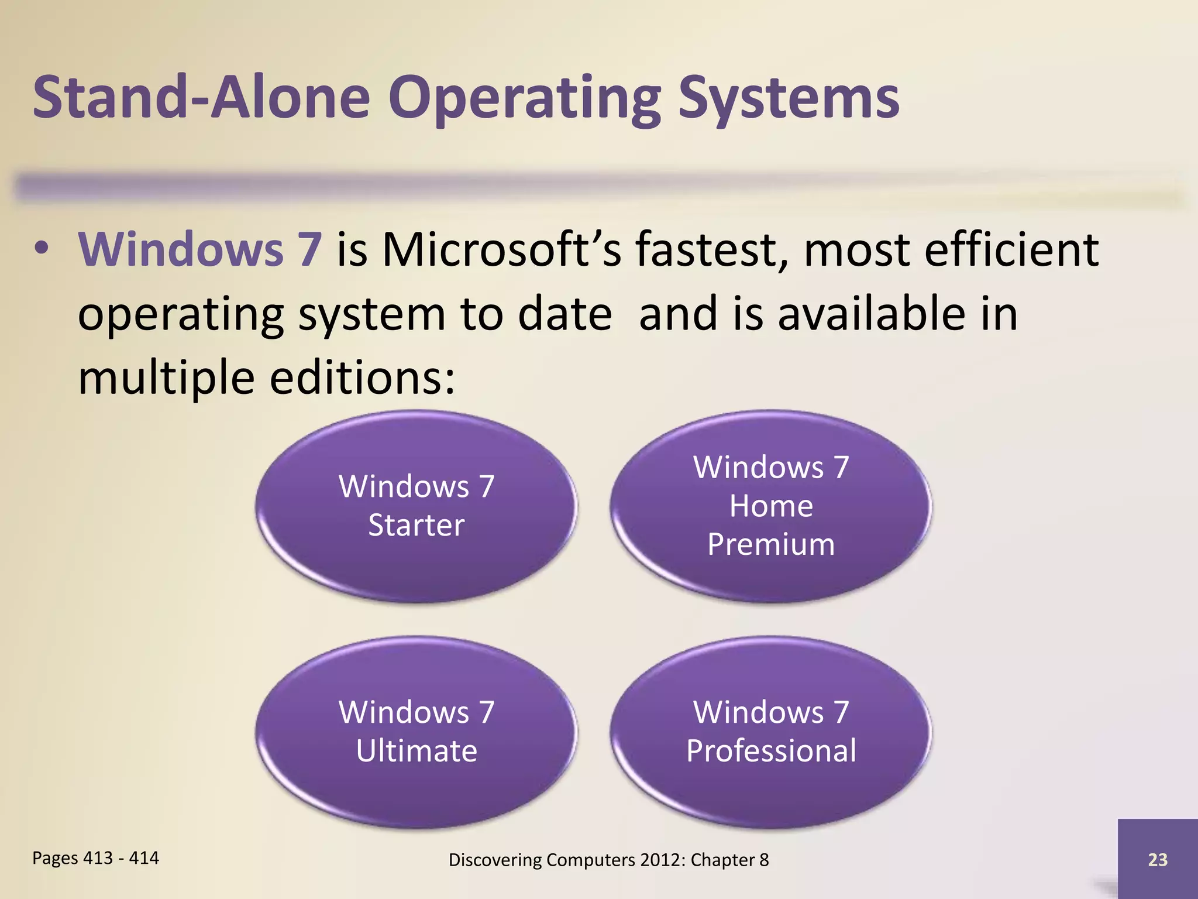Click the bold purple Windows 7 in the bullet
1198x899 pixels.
[x=200, y=249]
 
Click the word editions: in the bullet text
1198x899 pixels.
[x=362, y=378]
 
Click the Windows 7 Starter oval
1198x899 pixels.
[x=416, y=506]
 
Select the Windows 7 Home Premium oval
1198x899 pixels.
[x=770, y=506]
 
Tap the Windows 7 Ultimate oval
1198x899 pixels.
[x=416, y=732]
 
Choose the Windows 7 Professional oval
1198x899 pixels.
[x=770, y=732]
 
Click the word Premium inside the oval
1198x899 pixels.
[x=770, y=544]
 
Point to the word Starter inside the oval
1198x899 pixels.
[x=416, y=525]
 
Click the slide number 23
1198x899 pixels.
[x=1157, y=859]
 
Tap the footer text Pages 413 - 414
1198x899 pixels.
[x=95, y=858]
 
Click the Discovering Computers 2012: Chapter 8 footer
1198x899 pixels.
[x=608, y=860]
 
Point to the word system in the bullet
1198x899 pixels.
[x=372, y=315]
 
